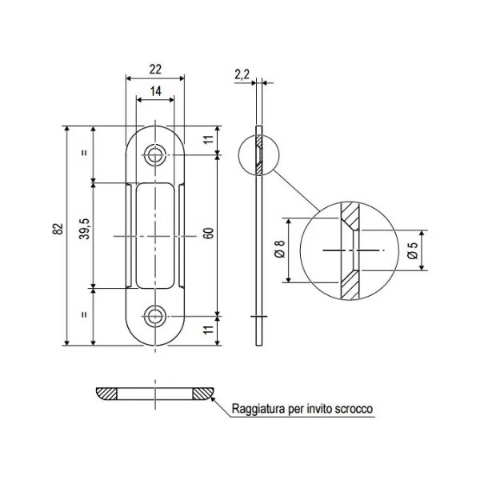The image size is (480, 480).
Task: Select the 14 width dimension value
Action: tap(154, 93)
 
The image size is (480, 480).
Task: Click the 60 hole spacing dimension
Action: tap(209, 235)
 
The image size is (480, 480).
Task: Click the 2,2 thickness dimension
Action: tap(242, 74)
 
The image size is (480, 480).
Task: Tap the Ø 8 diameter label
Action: tap(278, 250)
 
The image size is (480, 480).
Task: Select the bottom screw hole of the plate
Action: tap(154, 318)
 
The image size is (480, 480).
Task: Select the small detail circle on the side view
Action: tap(258, 154)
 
